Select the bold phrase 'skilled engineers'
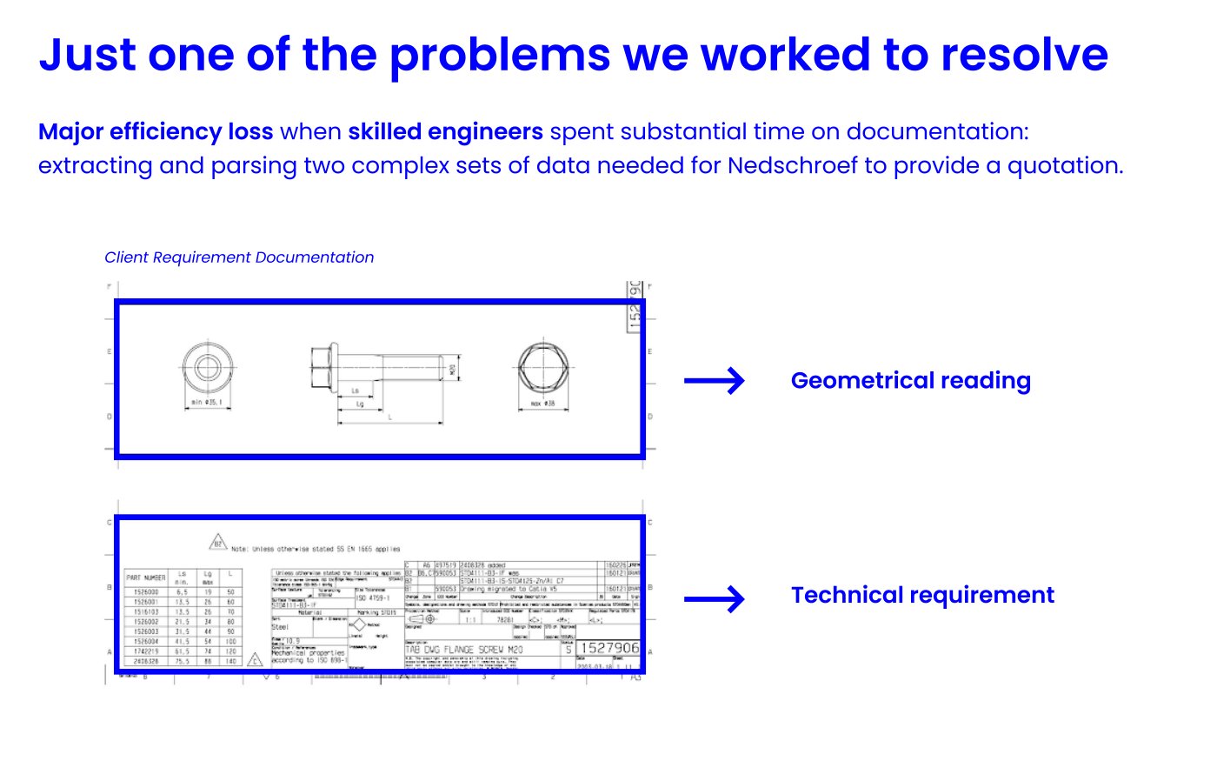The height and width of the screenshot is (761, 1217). click(x=445, y=131)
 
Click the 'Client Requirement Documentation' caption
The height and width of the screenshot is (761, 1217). click(x=239, y=257)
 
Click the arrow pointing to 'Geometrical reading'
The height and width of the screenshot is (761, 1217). click(x=714, y=381)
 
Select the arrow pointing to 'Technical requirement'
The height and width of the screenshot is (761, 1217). click(x=714, y=598)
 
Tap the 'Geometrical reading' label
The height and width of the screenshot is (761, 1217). click(x=910, y=381)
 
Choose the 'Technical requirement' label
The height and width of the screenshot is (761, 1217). click(x=921, y=595)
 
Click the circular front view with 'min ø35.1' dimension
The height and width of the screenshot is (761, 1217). click(x=207, y=368)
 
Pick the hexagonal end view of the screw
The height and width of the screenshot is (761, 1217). click(x=542, y=368)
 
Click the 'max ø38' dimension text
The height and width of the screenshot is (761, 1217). click(x=542, y=404)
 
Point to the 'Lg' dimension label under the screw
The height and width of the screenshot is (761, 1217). click(x=359, y=404)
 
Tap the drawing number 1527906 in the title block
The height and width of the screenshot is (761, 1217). click(x=608, y=648)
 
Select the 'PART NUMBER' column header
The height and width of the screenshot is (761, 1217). click(x=145, y=577)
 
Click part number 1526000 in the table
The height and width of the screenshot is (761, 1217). click(x=145, y=591)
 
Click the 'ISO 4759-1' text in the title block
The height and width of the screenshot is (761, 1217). click(x=374, y=598)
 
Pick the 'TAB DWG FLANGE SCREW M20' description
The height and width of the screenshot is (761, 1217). click(x=464, y=650)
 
